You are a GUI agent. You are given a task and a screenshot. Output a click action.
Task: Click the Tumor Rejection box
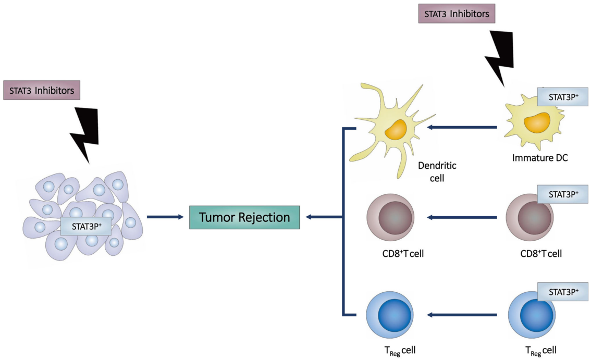244,217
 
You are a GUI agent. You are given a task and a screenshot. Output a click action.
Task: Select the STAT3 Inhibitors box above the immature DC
457,14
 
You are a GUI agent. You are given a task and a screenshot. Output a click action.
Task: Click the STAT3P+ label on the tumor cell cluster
86,226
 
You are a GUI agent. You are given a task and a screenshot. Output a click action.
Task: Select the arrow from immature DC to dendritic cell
461,127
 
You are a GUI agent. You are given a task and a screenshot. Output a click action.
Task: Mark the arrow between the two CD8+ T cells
461,217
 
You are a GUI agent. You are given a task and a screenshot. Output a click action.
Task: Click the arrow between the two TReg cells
461,315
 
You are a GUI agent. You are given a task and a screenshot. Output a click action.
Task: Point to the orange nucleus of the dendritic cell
396,129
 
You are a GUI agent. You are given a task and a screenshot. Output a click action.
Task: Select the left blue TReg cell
391,315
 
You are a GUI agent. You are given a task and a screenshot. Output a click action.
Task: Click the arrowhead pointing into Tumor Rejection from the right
310,217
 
